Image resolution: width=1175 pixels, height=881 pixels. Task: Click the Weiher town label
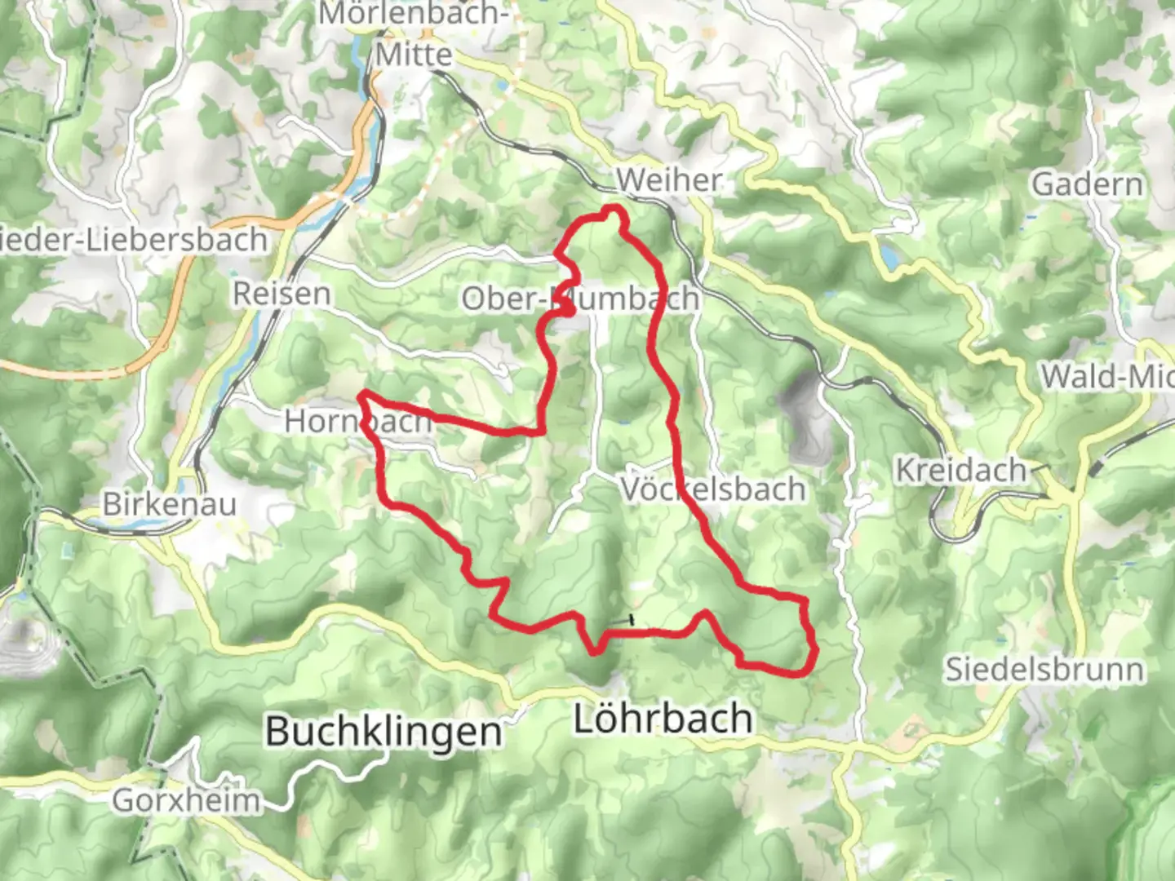point(669,179)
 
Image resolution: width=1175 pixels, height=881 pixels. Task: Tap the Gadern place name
point(1088,184)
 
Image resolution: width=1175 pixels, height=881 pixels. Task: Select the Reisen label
point(282,294)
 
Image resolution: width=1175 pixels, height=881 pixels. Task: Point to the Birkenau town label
point(170,503)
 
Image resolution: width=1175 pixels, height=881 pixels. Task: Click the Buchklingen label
point(384,731)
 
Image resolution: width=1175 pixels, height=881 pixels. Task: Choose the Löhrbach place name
point(663,719)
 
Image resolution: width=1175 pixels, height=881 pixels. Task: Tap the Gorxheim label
point(186,800)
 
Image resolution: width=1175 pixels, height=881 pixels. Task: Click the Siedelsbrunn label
point(1044,670)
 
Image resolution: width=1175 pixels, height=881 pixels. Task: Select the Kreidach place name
point(961,471)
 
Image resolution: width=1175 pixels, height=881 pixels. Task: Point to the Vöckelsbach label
point(713,489)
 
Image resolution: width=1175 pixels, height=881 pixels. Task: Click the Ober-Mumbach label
point(580,299)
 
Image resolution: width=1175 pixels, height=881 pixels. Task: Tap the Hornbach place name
point(357,421)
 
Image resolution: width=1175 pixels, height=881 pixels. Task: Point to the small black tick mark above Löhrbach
point(631,621)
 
